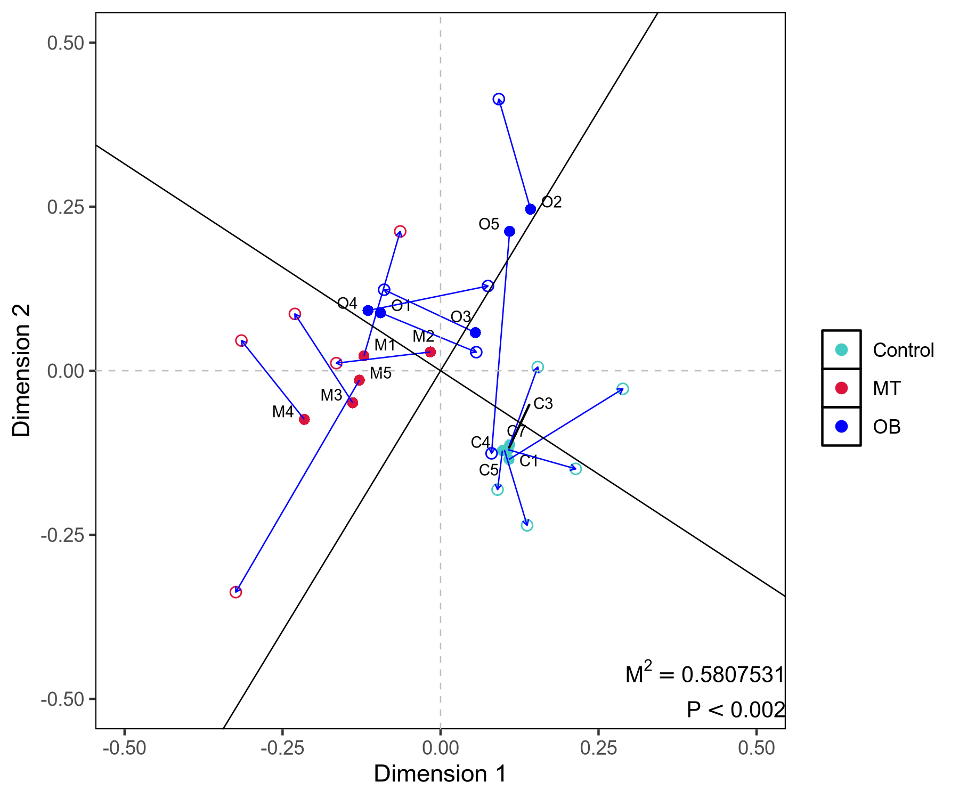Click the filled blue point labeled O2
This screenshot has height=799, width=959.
(530, 209)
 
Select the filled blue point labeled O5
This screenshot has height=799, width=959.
(509, 231)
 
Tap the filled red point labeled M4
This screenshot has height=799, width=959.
(304, 420)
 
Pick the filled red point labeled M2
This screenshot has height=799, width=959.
(430, 352)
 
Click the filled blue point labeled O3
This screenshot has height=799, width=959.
(475, 333)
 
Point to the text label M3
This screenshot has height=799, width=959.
(331, 395)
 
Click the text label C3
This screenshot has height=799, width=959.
(543, 404)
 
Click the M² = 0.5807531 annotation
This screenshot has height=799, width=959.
(705, 674)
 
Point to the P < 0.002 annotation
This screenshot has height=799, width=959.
(736, 710)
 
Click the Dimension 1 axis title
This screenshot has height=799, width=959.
(440, 774)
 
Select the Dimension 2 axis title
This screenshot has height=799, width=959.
(22, 370)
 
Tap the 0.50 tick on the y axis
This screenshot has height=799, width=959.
(66, 43)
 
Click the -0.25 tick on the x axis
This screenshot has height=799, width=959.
(282, 748)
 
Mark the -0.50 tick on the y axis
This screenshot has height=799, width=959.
(63, 699)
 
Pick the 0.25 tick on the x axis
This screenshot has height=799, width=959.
(598, 748)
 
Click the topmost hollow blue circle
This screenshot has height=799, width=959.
(499, 99)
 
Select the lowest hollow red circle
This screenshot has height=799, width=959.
(235, 592)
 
